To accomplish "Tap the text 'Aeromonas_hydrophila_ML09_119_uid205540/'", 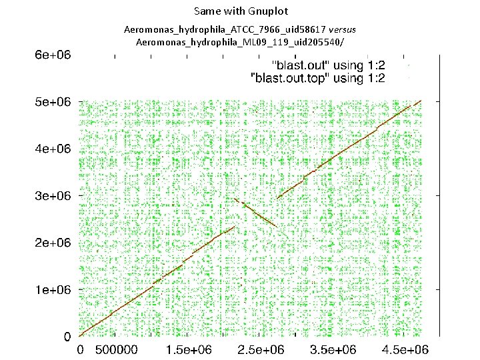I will pos(241,43).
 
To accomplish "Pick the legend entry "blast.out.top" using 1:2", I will pos(317,78).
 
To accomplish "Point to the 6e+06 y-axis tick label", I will pos(53,55).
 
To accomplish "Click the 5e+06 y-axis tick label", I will pos(53,102).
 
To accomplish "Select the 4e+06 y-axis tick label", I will pos(53,149).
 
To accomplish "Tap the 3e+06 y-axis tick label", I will pos(53,196).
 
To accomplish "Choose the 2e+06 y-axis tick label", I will pos(53,243).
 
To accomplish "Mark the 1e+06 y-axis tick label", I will pos(53,289).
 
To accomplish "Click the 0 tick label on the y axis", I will pos(67,337).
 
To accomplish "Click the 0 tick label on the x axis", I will pos(80,350).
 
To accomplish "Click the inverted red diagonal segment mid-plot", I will pos(257,213).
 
